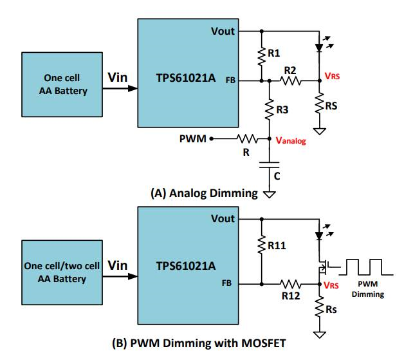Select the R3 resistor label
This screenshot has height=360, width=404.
[282, 110]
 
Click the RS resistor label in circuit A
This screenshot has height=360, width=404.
[332, 106]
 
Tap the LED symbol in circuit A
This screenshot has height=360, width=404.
[320, 47]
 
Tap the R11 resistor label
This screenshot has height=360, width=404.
[277, 245]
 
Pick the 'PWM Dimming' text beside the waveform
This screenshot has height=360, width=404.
[369, 289]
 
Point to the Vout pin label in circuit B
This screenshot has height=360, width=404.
[223, 219]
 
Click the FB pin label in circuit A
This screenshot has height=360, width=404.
[231, 81]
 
